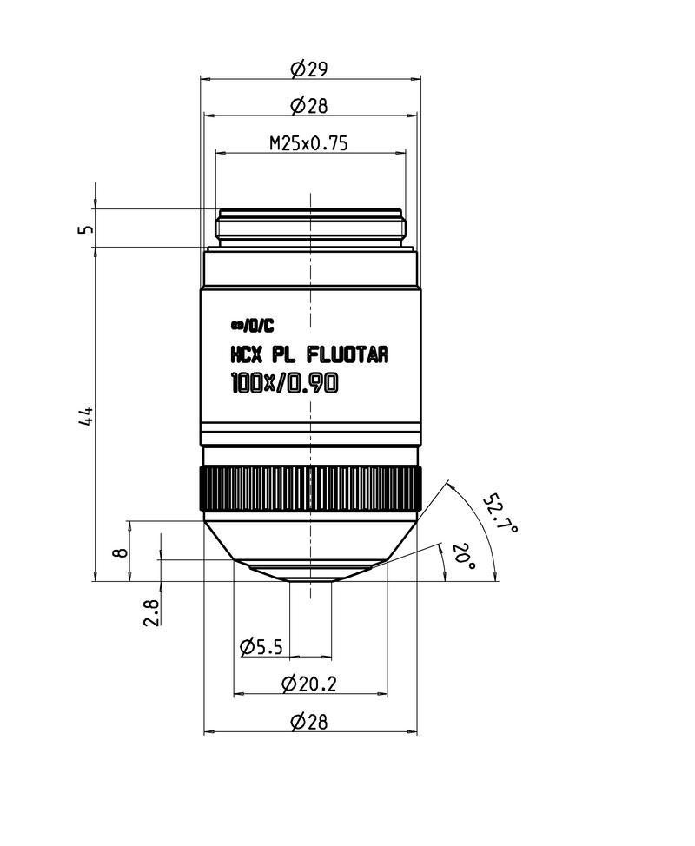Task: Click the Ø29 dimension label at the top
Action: (x=309, y=69)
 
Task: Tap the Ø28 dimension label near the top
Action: (x=309, y=106)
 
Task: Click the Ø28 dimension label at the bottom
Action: (x=309, y=722)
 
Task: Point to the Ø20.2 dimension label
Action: (x=309, y=684)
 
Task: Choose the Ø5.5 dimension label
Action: (x=261, y=646)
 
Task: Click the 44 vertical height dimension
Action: (x=85, y=415)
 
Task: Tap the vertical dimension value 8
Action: (x=122, y=551)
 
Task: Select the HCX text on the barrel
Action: (x=247, y=354)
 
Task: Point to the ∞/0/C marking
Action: (x=252, y=327)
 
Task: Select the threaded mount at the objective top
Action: (x=310, y=226)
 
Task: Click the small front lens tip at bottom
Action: (x=310, y=577)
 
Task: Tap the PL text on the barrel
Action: (x=285, y=354)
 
